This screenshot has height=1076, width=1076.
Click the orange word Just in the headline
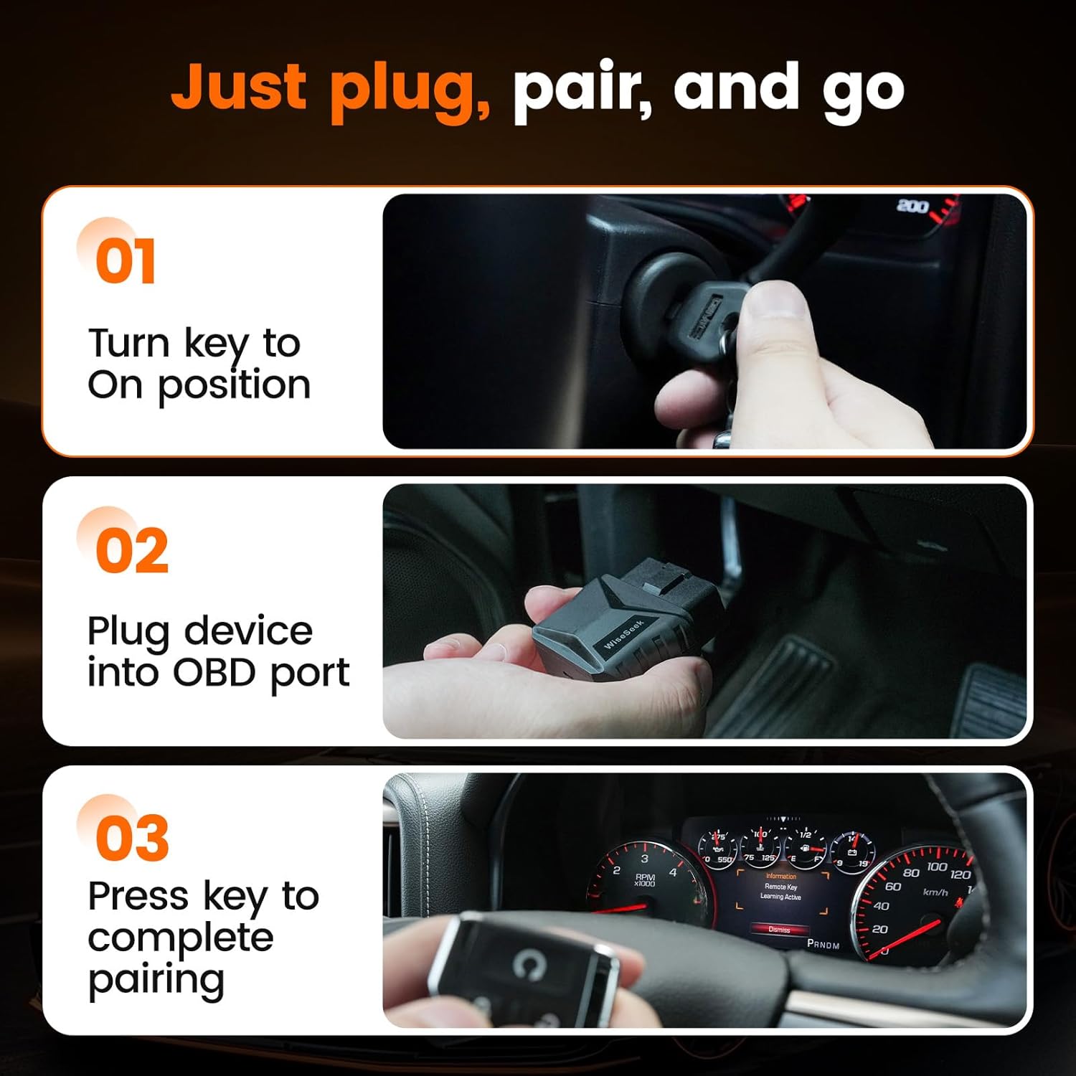(x=240, y=88)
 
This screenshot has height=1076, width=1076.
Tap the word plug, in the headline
(x=410, y=92)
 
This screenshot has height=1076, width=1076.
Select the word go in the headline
(x=863, y=92)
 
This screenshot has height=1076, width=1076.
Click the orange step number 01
(x=126, y=261)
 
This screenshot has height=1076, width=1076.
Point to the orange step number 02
(x=131, y=551)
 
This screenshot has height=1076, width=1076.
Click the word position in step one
(x=234, y=386)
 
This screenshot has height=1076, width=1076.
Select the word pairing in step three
(x=156, y=980)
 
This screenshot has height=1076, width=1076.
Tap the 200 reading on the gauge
(x=912, y=207)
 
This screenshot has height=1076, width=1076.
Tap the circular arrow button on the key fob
(x=529, y=963)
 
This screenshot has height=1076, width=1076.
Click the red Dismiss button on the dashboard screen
(x=779, y=930)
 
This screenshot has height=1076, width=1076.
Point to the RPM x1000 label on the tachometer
(x=644, y=880)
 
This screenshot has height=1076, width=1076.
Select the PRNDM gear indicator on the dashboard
(x=823, y=945)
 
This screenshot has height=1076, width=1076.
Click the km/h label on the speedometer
(x=935, y=892)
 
